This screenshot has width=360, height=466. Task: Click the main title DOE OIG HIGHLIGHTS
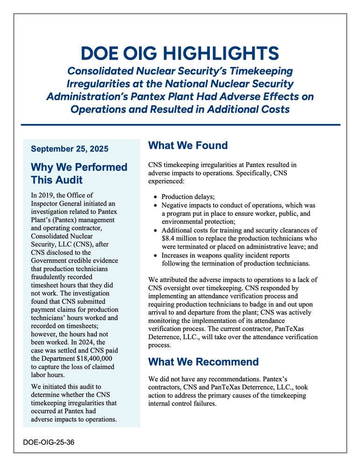click(180, 53)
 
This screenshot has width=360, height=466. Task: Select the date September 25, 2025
click(69, 149)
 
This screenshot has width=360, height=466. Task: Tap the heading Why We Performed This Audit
click(79, 173)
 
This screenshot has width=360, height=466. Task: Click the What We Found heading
click(188, 145)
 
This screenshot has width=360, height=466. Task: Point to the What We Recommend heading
click(203, 362)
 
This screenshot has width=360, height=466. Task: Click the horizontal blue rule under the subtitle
click(180, 125)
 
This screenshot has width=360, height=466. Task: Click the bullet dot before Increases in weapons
click(155, 255)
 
